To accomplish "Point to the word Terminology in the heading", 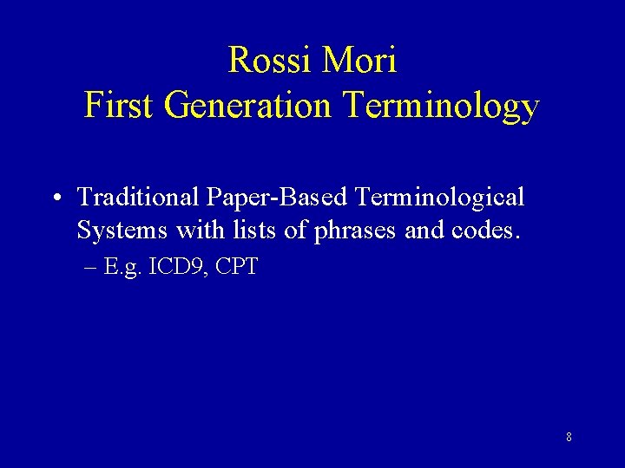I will pyautogui.click(x=442, y=106).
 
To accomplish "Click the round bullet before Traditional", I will pyautogui.click(x=55, y=198).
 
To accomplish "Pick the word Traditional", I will pyautogui.click(x=139, y=198).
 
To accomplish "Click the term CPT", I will pyautogui.click(x=237, y=266).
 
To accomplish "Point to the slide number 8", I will pyautogui.click(x=569, y=437).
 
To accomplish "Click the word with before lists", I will pyautogui.click(x=197, y=231).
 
